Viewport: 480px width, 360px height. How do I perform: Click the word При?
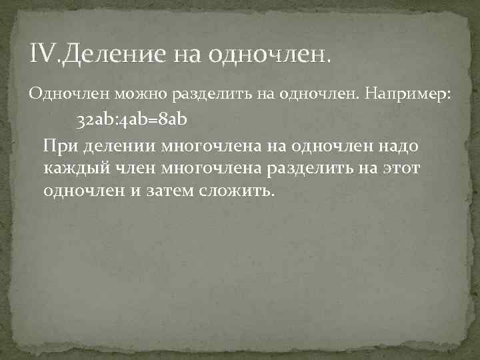point(58,146)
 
